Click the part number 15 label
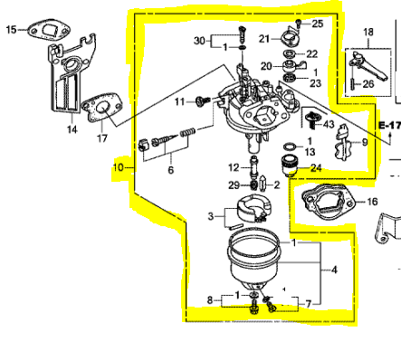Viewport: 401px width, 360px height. [x=11, y=30]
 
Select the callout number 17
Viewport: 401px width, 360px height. [x=102, y=138]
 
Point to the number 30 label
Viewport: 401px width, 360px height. [x=200, y=42]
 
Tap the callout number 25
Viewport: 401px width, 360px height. [x=317, y=23]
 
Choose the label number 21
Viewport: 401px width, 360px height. [x=263, y=39]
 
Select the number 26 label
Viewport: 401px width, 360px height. [x=368, y=84]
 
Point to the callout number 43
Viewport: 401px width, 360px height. [x=328, y=123]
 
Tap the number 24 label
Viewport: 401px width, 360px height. [x=315, y=167]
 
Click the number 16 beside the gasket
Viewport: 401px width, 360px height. [x=372, y=203]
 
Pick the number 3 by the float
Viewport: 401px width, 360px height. [x=210, y=217]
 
